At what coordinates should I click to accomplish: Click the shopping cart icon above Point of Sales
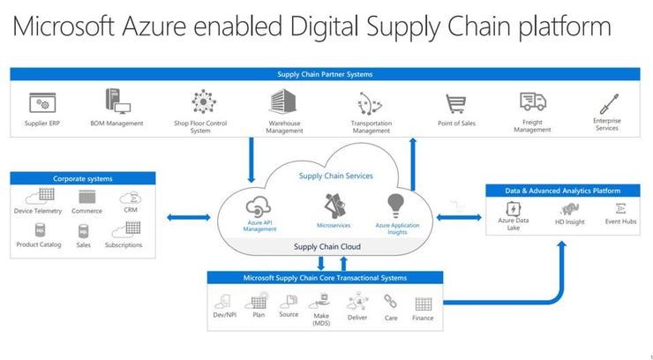(x=455, y=103)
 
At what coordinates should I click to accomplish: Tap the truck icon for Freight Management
(x=533, y=101)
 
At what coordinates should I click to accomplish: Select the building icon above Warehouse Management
(x=282, y=101)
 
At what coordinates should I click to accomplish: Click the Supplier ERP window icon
(x=42, y=102)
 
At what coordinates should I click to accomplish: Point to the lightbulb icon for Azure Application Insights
(x=395, y=206)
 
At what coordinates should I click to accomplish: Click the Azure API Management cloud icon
(x=259, y=206)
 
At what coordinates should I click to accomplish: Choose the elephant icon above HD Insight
(x=569, y=209)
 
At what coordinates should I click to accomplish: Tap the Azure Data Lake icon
(x=513, y=208)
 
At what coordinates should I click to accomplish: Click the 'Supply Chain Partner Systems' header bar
(x=325, y=74)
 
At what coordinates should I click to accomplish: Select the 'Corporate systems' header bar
(x=83, y=178)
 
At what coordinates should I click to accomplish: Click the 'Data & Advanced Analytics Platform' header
(x=563, y=191)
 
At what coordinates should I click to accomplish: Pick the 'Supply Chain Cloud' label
(x=326, y=247)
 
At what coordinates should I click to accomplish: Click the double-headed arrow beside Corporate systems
(x=189, y=217)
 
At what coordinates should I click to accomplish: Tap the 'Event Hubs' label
(x=620, y=221)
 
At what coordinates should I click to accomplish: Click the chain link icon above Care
(x=390, y=301)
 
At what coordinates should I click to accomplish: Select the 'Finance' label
(x=423, y=318)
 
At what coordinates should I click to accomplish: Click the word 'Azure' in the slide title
(x=154, y=26)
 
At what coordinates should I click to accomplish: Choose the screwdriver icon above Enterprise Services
(x=609, y=103)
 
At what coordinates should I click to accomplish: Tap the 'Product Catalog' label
(x=39, y=244)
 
